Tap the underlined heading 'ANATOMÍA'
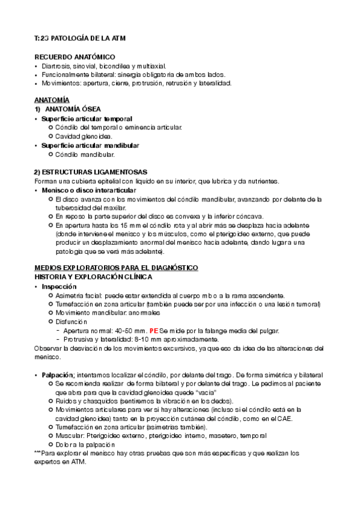pyautogui.click(x=52, y=98)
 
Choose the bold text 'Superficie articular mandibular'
pyautogui.click(x=90, y=146)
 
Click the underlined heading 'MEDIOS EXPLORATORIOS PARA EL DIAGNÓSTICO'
pyautogui.click(x=116, y=267)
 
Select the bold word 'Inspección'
pyautogui.click(x=59, y=287)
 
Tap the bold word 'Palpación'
pyautogui.click(x=58, y=375)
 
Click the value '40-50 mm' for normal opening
pyautogui.click(x=131, y=331)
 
